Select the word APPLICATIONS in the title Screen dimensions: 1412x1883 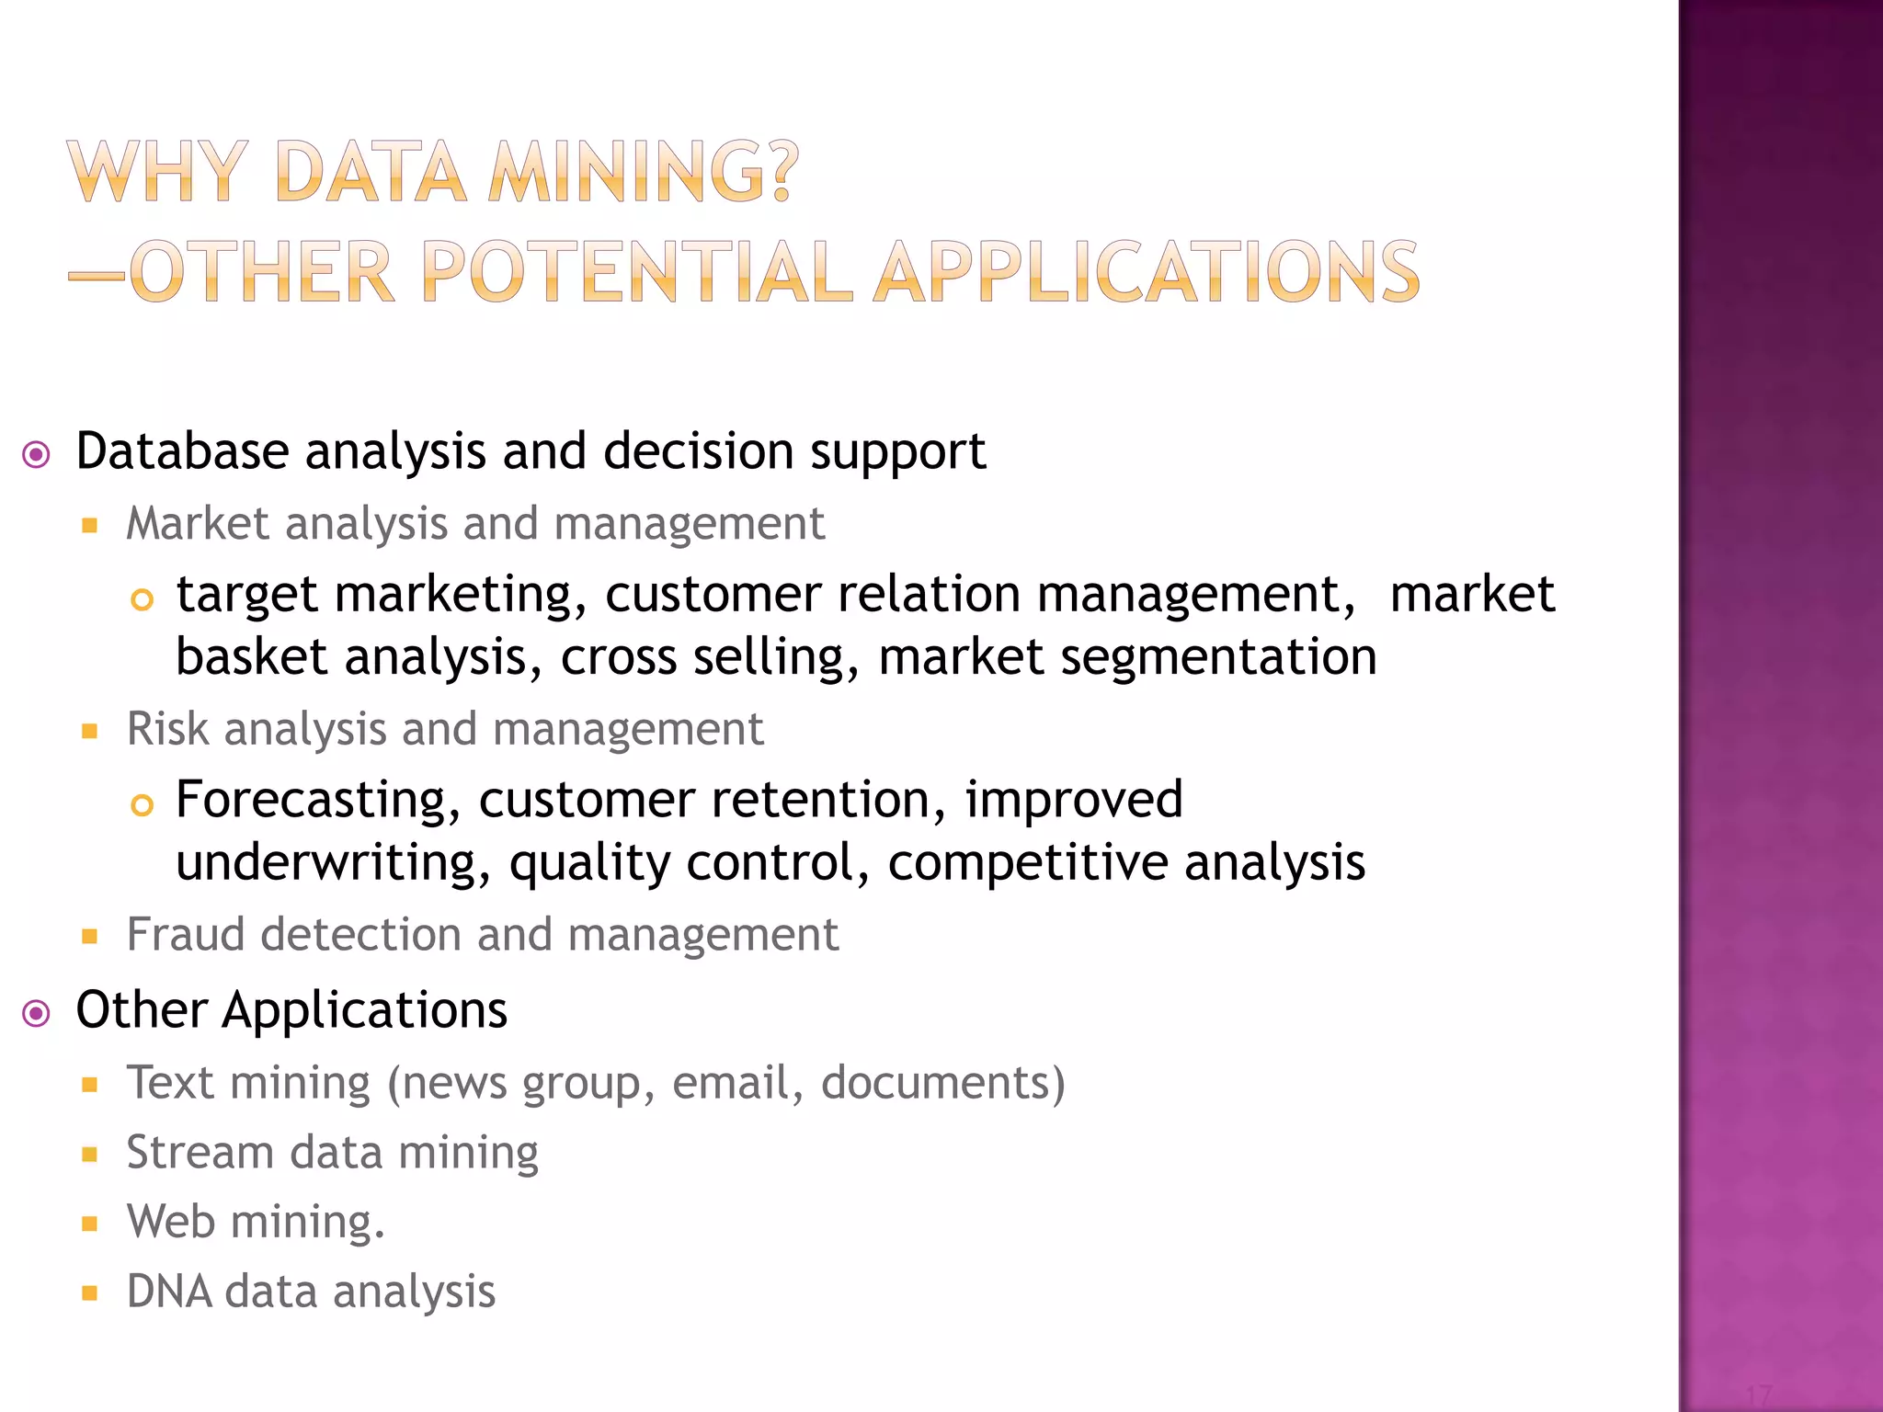(x=1147, y=272)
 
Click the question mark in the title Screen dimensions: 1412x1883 (x=781, y=172)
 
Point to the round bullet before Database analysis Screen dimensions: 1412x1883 (x=36, y=454)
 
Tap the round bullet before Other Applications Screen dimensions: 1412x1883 (x=36, y=1014)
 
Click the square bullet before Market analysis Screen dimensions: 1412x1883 (x=89, y=526)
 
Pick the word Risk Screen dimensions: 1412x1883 (x=167, y=729)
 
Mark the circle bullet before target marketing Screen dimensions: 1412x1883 (x=142, y=600)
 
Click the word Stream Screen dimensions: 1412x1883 (x=200, y=1153)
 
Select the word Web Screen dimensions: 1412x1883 (x=171, y=1222)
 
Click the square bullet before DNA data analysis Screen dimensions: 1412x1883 (x=89, y=1293)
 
